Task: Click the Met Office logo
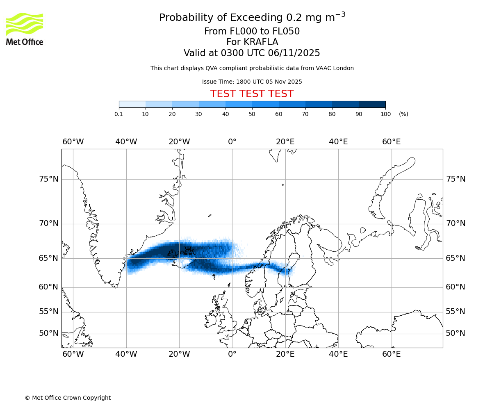[25, 29]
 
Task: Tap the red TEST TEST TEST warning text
[252, 94]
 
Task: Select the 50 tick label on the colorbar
[252, 114]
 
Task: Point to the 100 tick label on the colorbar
[385, 114]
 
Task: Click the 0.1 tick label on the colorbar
[119, 114]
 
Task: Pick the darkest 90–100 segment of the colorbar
[372, 104]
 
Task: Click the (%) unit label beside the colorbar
[403, 114]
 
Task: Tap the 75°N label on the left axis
[49, 179]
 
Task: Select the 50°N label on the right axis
[456, 333]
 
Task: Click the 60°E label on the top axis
[391, 142]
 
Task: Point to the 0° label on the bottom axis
[232, 354]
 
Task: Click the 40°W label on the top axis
[126, 142]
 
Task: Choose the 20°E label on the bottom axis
[285, 354]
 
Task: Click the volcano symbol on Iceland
[188, 250]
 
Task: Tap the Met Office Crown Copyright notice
[68, 398]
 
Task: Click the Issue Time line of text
[252, 82]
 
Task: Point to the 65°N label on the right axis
[456, 258]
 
